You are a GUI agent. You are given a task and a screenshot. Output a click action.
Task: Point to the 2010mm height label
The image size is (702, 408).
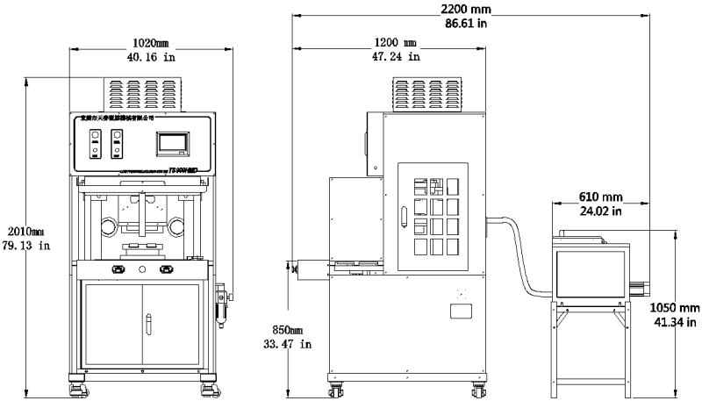click(x=25, y=231)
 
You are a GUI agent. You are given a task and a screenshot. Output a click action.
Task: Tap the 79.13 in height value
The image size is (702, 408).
click(x=26, y=246)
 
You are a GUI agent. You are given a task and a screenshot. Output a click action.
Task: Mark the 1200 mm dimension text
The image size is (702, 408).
click(x=396, y=42)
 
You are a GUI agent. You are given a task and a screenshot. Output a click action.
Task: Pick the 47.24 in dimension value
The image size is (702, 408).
click(x=396, y=57)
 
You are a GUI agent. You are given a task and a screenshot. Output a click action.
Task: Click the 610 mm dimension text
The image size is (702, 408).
click(x=601, y=196)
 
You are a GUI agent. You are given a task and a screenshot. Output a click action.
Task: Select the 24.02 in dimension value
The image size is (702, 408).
click(x=601, y=211)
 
